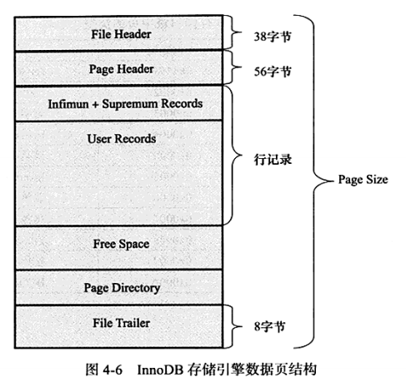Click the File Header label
pos(121,34)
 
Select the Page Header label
pos(121,69)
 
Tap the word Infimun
pos(68,104)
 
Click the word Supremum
pos(130,104)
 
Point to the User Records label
pos(122,139)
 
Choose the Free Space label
pos(121,245)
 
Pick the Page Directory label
pos(122,288)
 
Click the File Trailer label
pos(121,323)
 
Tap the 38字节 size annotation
pos(273,37)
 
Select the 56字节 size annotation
pos(273,72)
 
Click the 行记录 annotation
pos(273,160)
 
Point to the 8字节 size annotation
pos(269,326)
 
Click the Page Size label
pos(363,180)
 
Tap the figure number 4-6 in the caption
pos(113,370)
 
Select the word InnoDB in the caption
pos(160,370)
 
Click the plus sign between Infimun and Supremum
pos(95,105)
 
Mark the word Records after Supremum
pos(182,104)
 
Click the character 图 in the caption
pos(91,370)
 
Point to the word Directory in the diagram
pos(136,288)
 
